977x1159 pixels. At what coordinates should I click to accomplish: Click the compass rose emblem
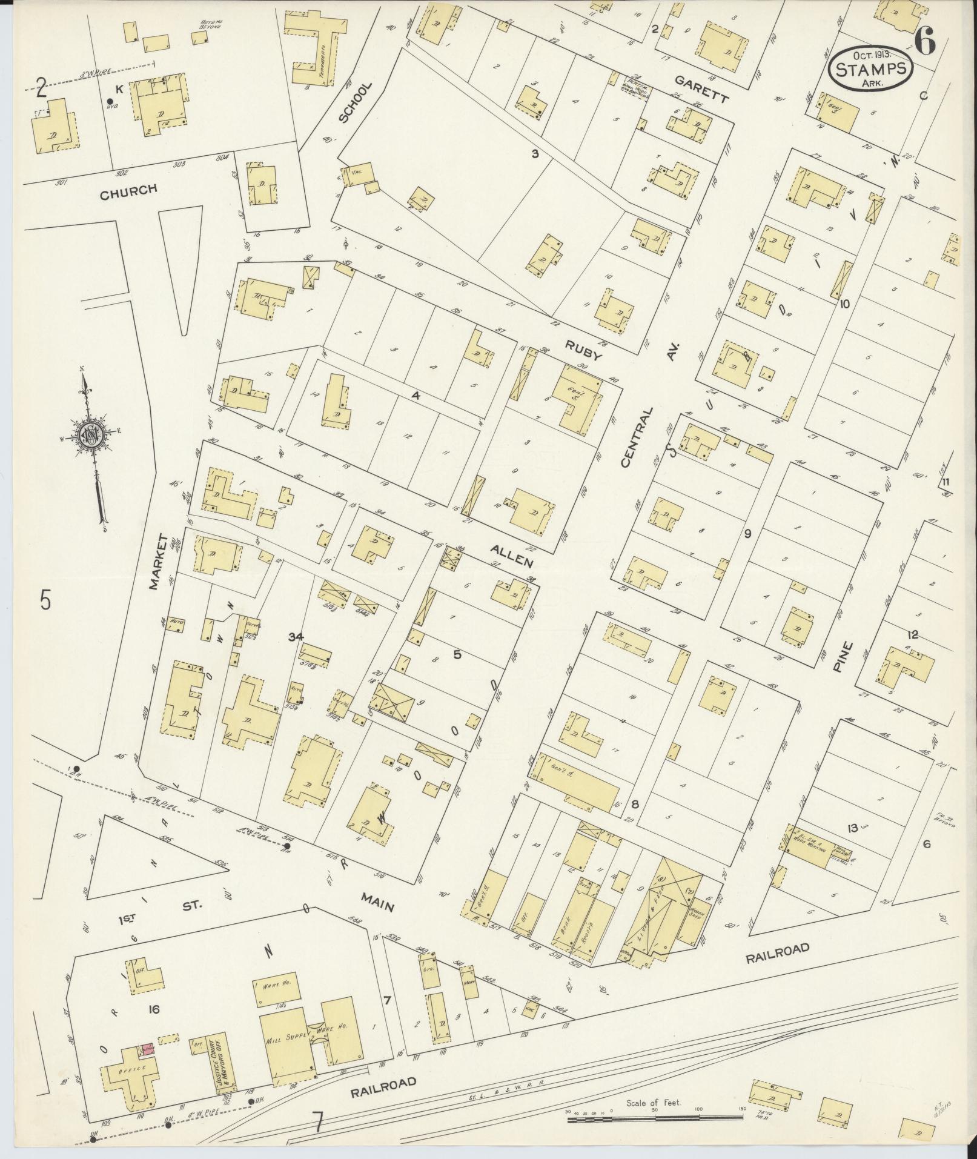click(90, 434)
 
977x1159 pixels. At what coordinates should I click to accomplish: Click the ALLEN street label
click(512, 555)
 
